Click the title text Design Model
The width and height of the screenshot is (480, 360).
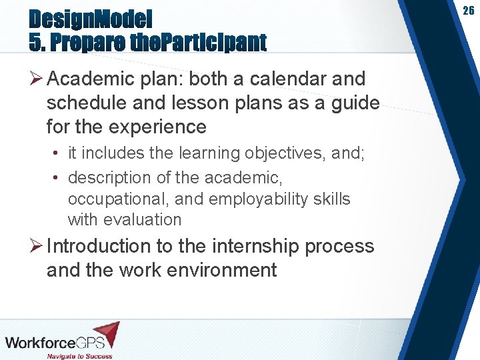[91, 17]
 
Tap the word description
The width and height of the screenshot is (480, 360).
[109, 177]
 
